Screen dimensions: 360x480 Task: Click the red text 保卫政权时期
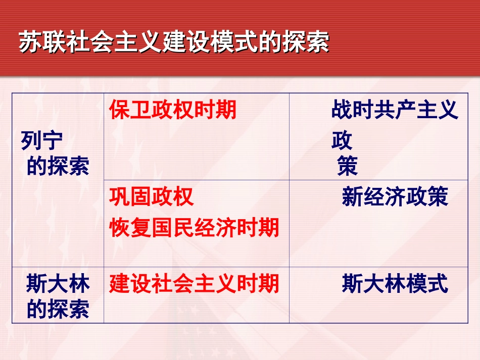[173, 110]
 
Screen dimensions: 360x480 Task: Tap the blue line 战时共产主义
[395, 110]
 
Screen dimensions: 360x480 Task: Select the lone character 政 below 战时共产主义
[342, 141]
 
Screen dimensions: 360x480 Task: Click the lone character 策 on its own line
[348, 166]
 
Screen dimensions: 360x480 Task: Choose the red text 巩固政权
[152, 197]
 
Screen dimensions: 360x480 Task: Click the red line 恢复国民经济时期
[194, 228]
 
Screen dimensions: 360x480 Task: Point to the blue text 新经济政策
[395, 197]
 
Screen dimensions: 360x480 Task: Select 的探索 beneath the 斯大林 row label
[58, 309]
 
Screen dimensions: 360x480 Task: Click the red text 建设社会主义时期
[194, 284]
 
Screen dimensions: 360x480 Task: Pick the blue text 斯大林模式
[395, 284]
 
